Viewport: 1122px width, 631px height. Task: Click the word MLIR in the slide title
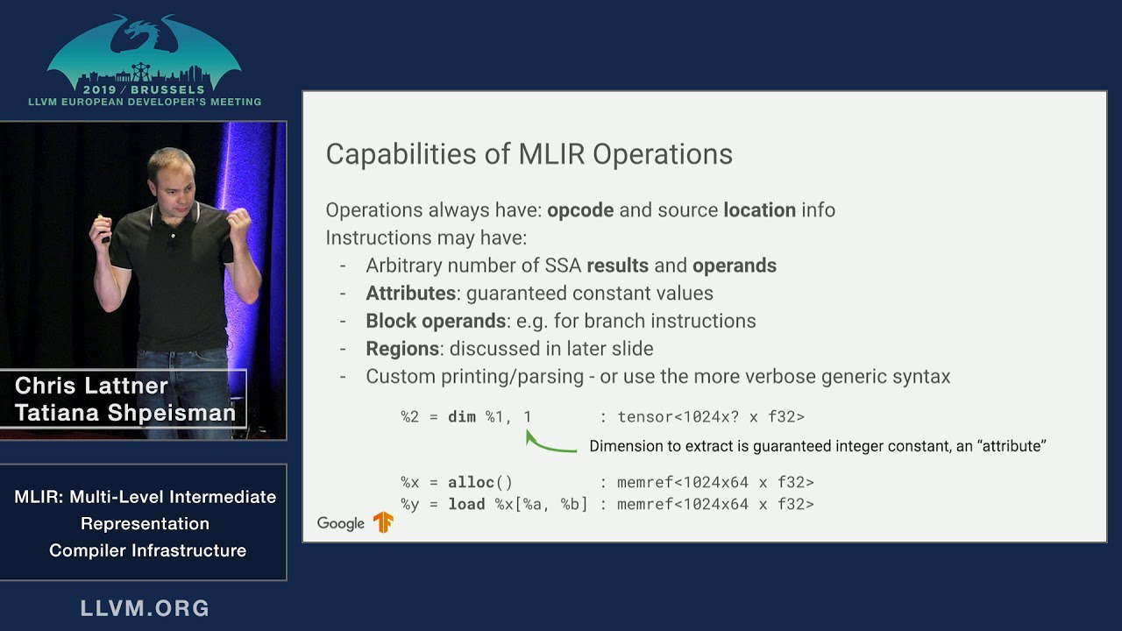pyautogui.click(x=551, y=154)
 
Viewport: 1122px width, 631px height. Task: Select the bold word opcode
pyautogui.click(x=580, y=211)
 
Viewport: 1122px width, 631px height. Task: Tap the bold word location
pyautogui.click(x=759, y=210)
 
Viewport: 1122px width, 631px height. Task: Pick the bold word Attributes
pyautogui.click(x=411, y=294)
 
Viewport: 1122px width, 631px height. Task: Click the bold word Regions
pyautogui.click(x=402, y=349)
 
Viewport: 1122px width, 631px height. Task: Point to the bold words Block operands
pyautogui.click(x=436, y=322)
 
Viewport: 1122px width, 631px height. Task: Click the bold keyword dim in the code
pyautogui.click(x=462, y=416)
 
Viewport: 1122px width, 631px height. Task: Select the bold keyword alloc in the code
pyautogui.click(x=471, y=482)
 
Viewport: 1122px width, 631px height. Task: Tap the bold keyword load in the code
pyautogui.click(x=466, y=504)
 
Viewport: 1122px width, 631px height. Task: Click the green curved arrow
pyautogui.click(x=546, y=447)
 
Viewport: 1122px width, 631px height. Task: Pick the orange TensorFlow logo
pyautogui.click(x=383, y=522)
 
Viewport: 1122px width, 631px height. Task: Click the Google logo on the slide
pyautogui.click(x=341, y=523)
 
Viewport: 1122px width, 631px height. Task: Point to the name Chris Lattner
pyautogui.click(x=91, y=386)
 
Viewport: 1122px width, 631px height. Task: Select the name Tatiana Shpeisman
pyautogui.click(x=125, y=413)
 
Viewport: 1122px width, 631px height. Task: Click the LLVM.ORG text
pyautogui.click(x=145, y=608)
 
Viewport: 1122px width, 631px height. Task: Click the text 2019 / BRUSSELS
pyautogui.click(x=145, y=89)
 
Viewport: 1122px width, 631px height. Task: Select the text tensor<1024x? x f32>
pyautogui.click(x=711, y=416)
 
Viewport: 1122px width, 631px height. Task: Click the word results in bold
pyautogui.click(x=618, y=266)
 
